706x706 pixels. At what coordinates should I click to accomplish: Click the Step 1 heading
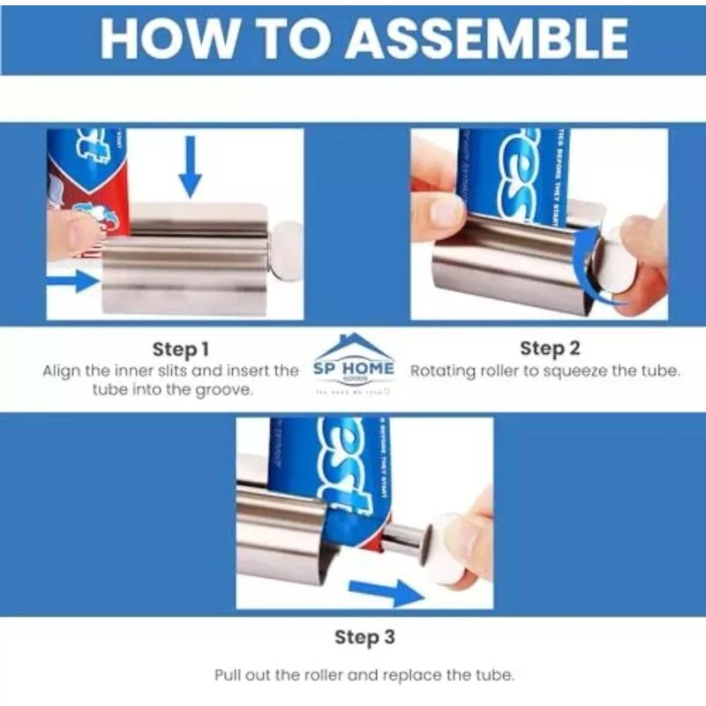181,349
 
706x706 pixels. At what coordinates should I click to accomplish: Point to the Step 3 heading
364,636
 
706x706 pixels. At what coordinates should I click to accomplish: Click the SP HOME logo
354,364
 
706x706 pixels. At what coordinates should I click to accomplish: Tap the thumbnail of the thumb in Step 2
446,212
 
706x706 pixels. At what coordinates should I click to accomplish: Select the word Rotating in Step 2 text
444,371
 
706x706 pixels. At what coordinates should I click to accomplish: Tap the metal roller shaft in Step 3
402,539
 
